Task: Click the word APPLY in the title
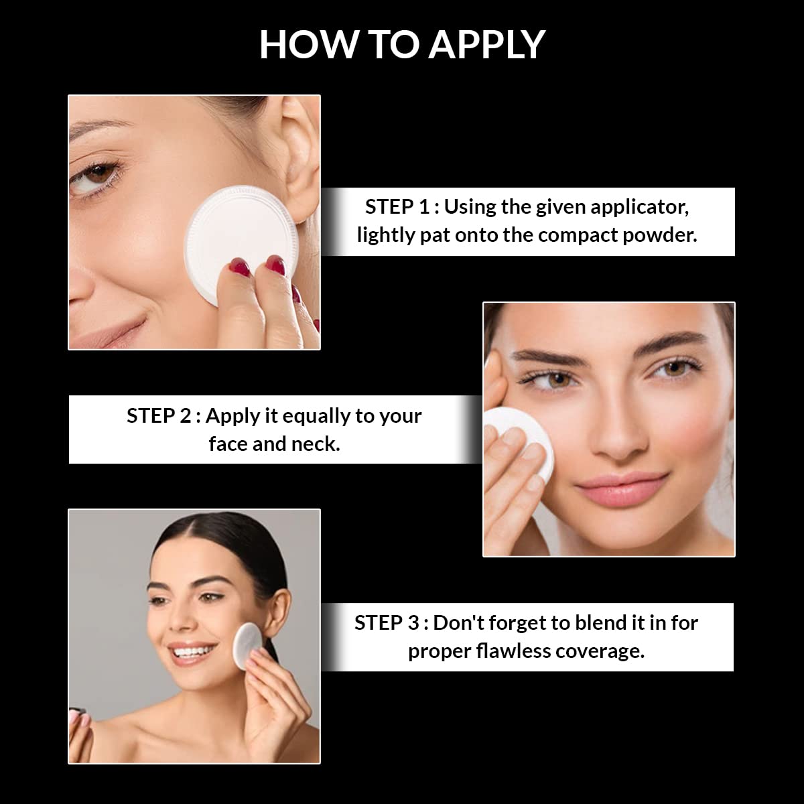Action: [486, 45]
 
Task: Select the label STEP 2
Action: [159, 416]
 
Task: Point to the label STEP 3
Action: [387, 623]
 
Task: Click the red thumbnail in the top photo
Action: [240, 266]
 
